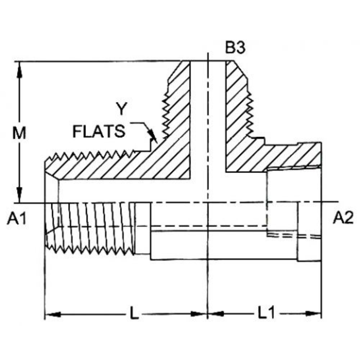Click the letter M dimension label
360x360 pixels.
pos(19,133)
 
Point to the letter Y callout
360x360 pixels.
pos(121,109)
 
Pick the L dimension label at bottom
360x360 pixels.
pos(134,314)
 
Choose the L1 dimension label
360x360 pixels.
pos(265,314)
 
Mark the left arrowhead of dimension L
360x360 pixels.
pos(53,314)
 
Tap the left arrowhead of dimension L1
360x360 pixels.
pos(215,314)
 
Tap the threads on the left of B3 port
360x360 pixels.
pos(165,113)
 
